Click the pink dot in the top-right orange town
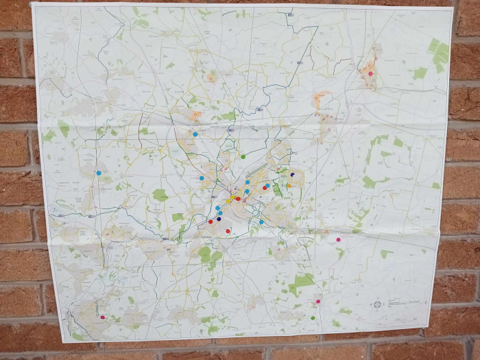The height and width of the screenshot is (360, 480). pyautogui.click(x=370, y=73)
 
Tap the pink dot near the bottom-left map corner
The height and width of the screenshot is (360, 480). pyautogui.click(x=103, y=317)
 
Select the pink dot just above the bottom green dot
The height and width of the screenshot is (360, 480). pyautogui.click(x=317, y=302)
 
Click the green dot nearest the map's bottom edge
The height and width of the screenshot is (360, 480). pyautogui.click(x=313, y=317)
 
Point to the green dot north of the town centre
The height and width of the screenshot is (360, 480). pyautogui.click(x=243, y=157)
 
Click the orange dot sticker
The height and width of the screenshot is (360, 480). pyautogui.click(x=289, y=185)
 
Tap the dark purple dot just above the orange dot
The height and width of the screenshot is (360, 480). pyautogui.click(x=292, y=175)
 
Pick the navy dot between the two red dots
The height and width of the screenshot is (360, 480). pyautogui.click(x=219, y=219)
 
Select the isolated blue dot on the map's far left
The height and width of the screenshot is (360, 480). pyautogui.click(x=98, y=173)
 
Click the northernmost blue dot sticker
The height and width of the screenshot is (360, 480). pyautogui.click(x=195, y=134)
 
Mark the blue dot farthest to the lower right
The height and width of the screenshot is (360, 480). pyautogui.click(x=261, y=222)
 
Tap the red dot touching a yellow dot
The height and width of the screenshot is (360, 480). pyautogui.click(x=238, y=199)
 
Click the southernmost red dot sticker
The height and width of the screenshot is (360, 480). pyautogui.click(x=228, y=231)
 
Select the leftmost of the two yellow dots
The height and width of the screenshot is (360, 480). pyautogui.click(x=228, y=201)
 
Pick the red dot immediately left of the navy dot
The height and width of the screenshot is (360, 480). pyautogui.click(x=211, y=221)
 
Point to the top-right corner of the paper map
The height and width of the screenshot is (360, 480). pyautogui.click(x=452, y=9)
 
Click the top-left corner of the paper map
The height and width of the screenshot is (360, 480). pyautogui.click(x=32, y=4)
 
